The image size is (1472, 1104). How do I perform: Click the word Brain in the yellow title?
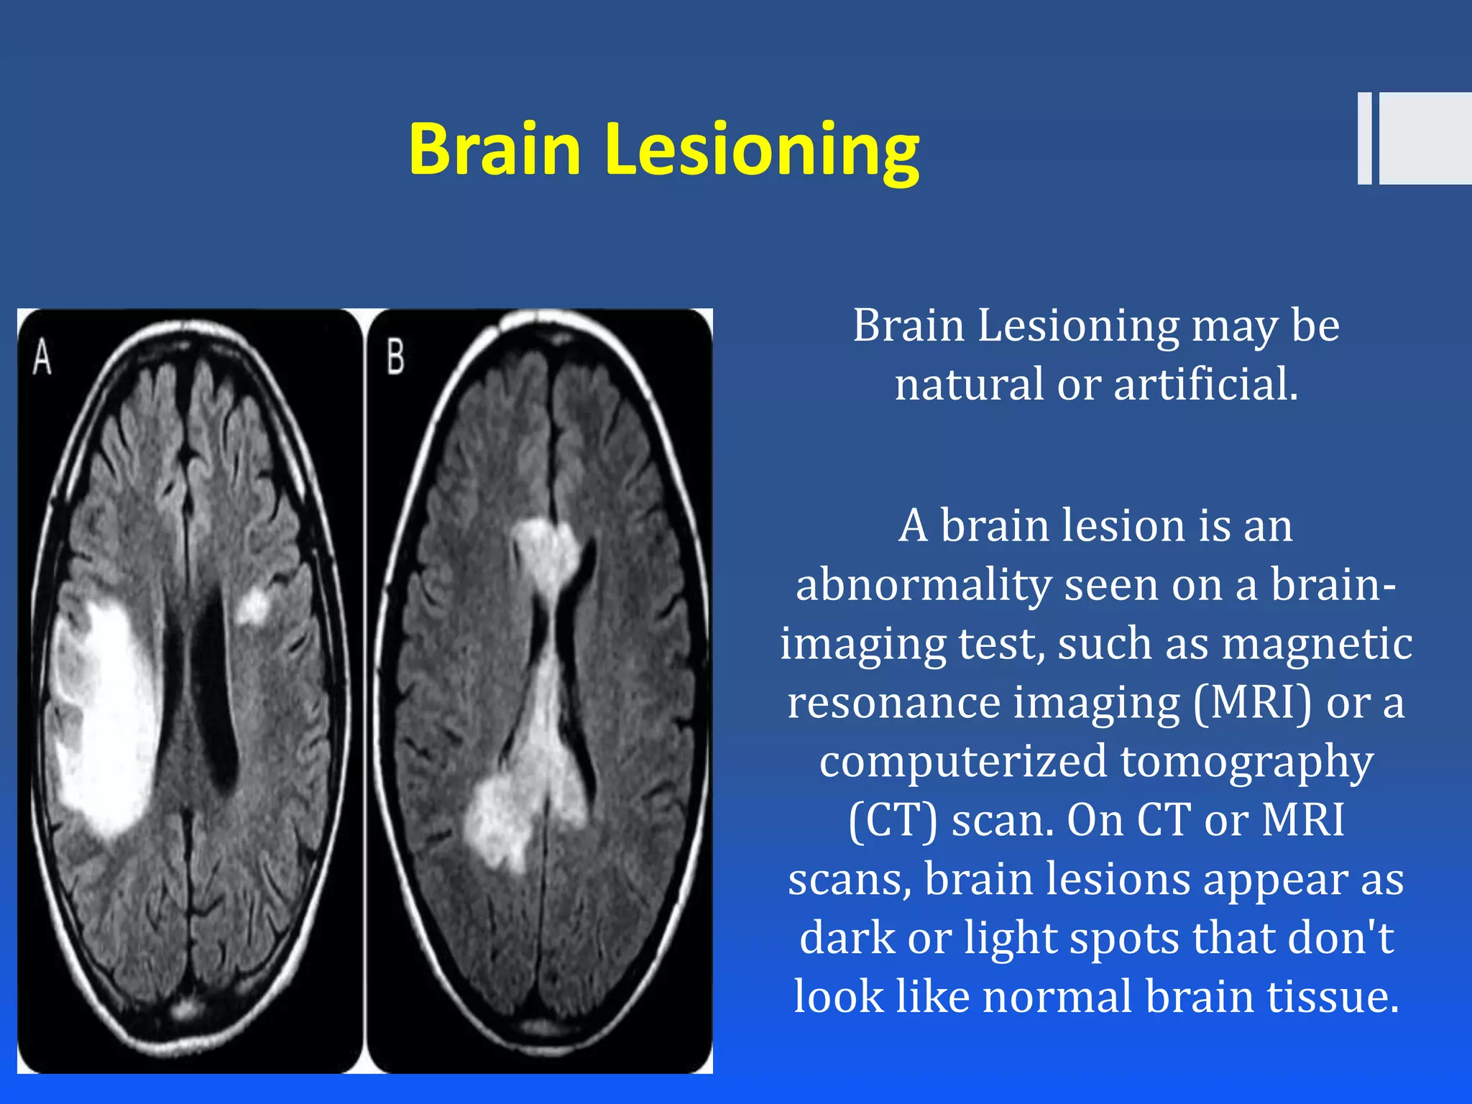(494, 149)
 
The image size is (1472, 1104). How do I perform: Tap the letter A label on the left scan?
(42, 357)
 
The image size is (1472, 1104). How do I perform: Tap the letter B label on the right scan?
(395, 357)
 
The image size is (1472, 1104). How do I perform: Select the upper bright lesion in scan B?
(546, 550)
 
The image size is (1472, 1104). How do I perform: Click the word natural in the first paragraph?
(969, 385)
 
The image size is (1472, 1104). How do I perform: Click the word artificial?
(1205, 385)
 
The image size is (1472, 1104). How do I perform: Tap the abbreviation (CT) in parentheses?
(893, 820)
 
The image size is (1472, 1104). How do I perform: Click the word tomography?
(1246, 762)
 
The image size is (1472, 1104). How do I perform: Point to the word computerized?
(963, 762)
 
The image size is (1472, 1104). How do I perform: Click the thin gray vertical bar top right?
(1364, 138)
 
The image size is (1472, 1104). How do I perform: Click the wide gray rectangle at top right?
(1425, 138)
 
